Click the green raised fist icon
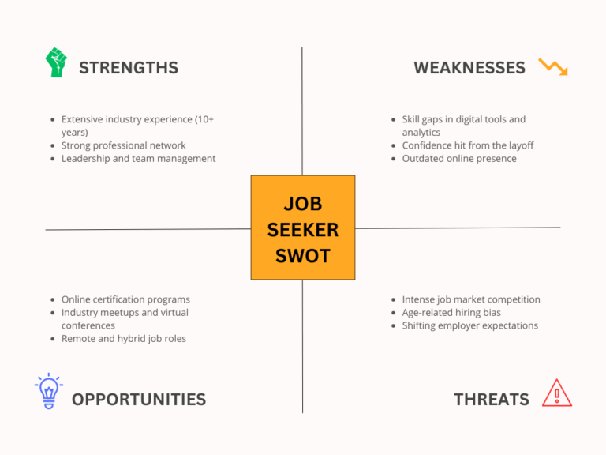[56, 62]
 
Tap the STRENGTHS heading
[129, 68]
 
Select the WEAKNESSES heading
[469, 68]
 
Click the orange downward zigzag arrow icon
[552, 67]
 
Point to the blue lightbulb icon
[49, 391]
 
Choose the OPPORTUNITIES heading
[139, 400]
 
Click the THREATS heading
[492, 400]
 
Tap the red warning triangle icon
[557, 393]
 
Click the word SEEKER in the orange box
[303, 230]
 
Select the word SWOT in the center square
[303, 256]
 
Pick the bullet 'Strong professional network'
[124, 145]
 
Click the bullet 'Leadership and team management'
[139, 158]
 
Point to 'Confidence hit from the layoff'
[468, 145]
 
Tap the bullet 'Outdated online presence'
[459, 158]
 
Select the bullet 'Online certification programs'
[126, 299]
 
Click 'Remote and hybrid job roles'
[124, 338]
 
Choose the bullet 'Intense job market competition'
[471, 299]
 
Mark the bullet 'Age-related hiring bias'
[451, 312]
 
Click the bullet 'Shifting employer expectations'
[470, 325]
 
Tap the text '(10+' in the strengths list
[204, 119]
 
